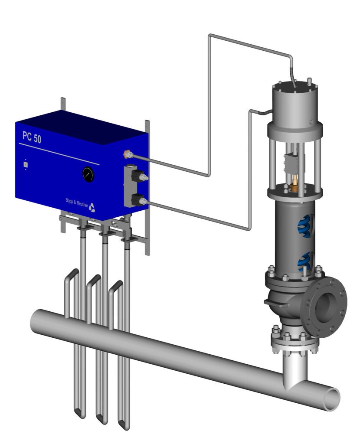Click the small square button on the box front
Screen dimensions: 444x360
(26, 164)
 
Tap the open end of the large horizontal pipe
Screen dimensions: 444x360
(332, 398)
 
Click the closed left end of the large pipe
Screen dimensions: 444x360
(34, 321)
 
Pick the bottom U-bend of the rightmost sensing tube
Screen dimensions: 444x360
(124, 426)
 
